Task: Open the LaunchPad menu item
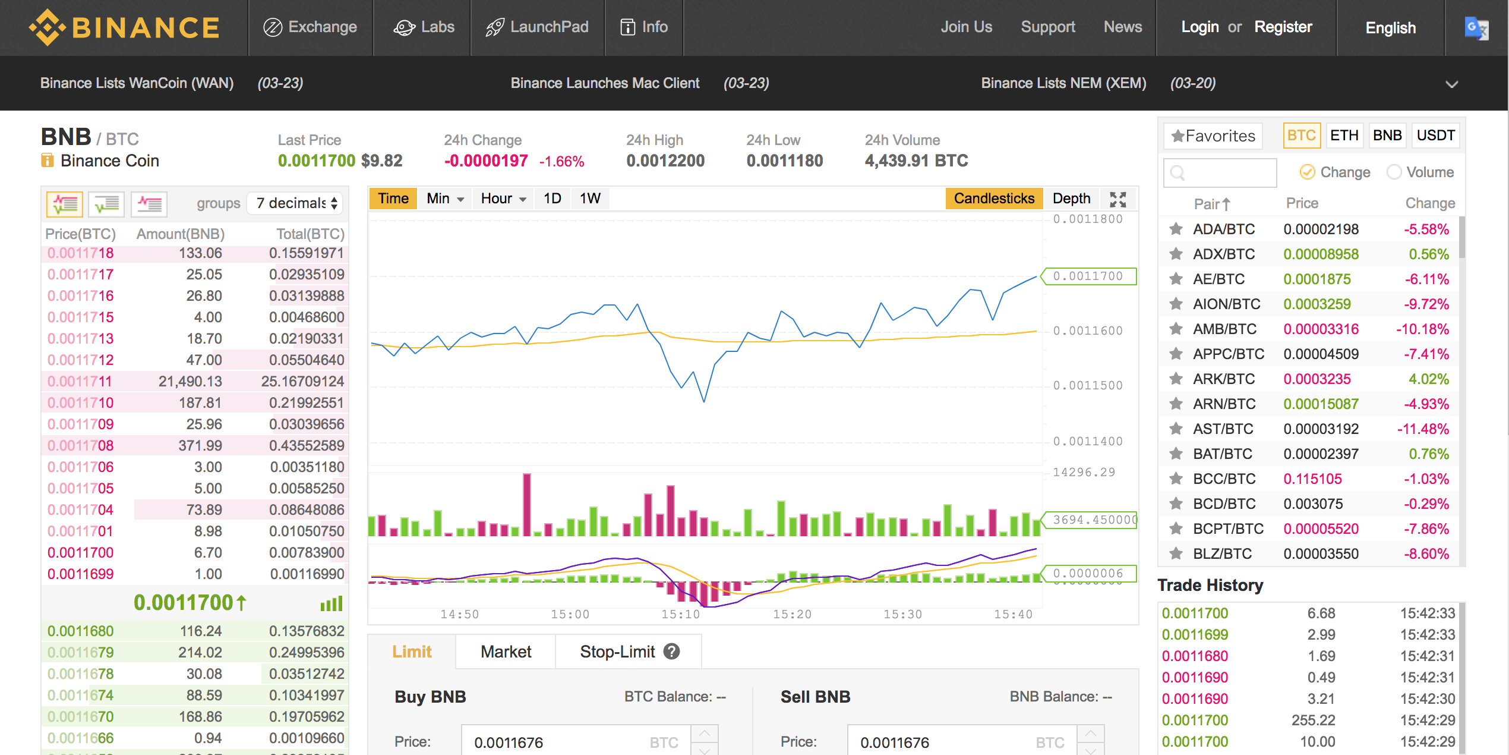tap(537, 27)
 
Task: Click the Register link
tap(1283, 27)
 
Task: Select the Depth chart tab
tap(1071, 199)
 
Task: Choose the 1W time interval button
tap(590, 199)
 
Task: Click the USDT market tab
tap(1435, 136)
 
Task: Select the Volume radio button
tap(1394, 172)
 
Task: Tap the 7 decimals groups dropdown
tap(296, 203)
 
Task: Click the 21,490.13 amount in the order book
tap(190, 382)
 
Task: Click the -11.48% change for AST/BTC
tap(1423, 429)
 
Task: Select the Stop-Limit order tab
tap(617, 652)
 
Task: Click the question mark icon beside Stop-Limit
tap(671, 652)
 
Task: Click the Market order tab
tap(506, 652)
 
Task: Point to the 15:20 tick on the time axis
tap(792, 615)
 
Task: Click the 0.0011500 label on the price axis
tap(1088, 386)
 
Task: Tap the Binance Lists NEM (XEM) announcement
tap(1063, 83)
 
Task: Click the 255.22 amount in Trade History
tap(1313, 721)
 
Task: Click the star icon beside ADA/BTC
tap(1176, 229)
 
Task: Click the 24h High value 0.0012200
tap(665, 161)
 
